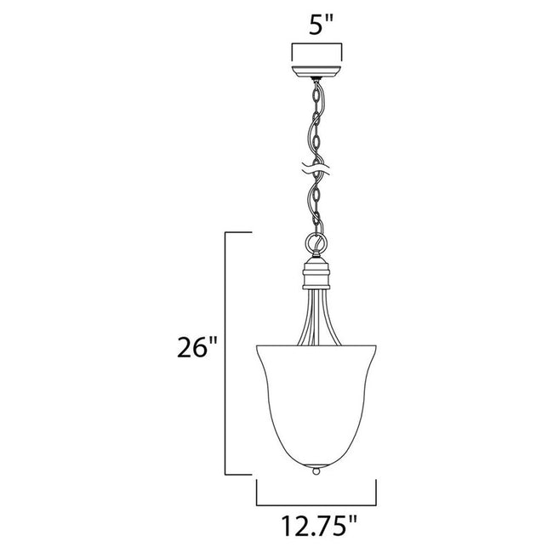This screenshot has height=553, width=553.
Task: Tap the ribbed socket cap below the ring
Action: [x=316, y=276]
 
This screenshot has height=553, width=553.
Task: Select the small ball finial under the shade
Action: [x=316, y=469]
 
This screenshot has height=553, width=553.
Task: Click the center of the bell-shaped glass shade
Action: [x=316, y=400]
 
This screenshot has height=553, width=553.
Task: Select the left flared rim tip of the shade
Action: [x=257, y=345]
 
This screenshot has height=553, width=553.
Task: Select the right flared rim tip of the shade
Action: [x=375, y=345]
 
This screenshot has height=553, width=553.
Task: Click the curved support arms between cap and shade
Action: [x=316, y=319]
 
